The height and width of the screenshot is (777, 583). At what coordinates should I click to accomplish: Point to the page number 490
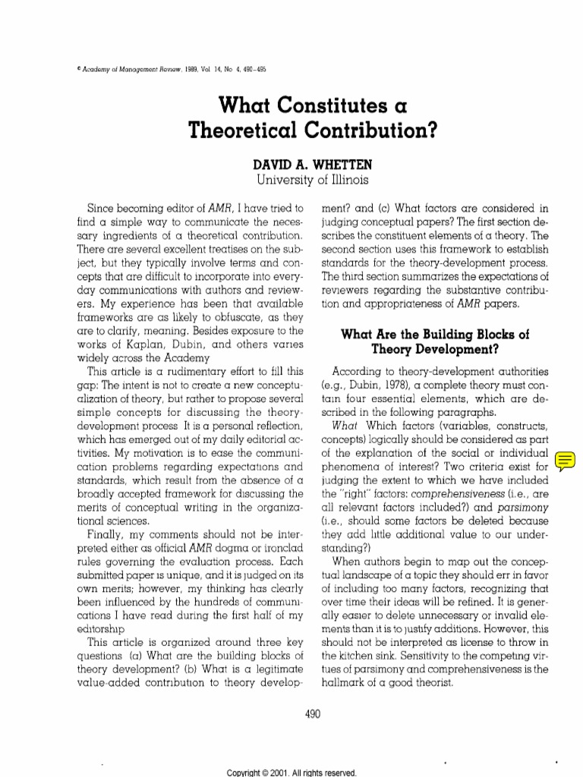point(292,713)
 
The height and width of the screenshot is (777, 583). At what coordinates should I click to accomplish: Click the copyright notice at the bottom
point(291,771)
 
